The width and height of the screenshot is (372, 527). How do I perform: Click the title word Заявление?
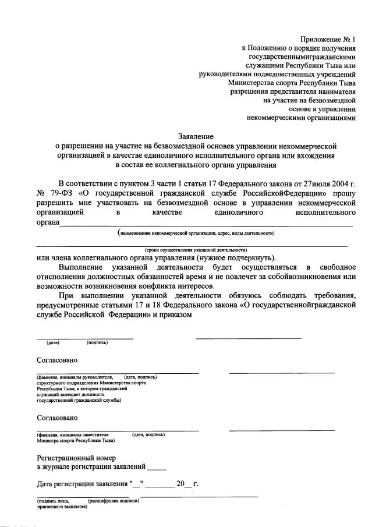[196, 137]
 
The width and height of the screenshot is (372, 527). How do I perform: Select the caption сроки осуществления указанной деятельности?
[194, 249]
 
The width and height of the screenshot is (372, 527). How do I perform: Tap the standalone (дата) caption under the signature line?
[54, 342]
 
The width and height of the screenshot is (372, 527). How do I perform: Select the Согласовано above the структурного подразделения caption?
[57, 360]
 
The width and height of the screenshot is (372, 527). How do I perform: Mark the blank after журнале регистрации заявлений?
[157, 467]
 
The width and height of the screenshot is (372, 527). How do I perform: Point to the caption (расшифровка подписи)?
[113, 501]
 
